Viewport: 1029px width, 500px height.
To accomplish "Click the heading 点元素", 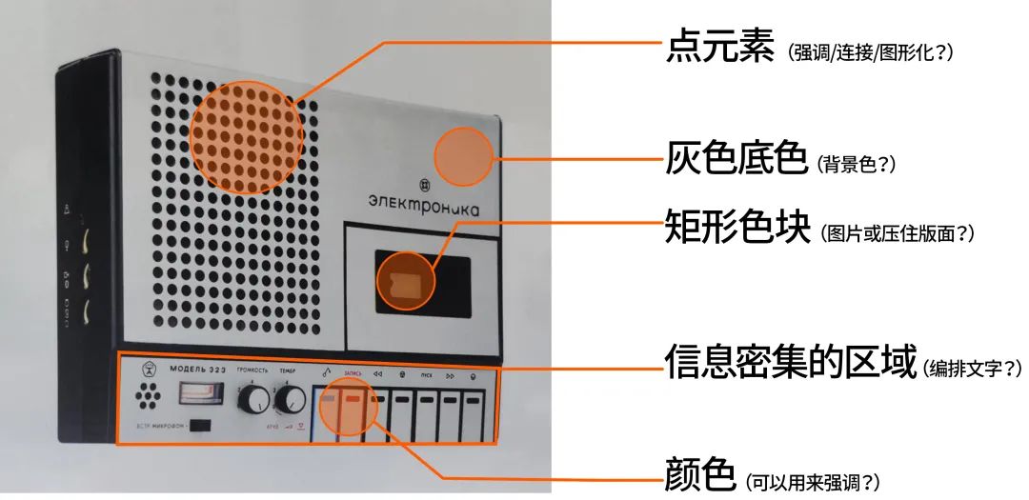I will pos(719,49).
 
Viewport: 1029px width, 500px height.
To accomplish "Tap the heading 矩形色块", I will pos(736,230).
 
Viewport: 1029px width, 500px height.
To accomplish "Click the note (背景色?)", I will pos(856,164).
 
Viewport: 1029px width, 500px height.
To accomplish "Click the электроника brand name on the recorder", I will pos(424,202).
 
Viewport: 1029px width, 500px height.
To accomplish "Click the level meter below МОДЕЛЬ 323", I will pos(199,393).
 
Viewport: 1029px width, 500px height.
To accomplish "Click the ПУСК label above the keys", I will pos(426,376).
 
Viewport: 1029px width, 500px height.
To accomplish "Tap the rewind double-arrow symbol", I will pos(377,375).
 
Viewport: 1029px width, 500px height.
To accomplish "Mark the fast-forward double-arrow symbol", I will pos(450,376).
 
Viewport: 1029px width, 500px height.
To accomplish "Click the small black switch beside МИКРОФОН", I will pos(201,426).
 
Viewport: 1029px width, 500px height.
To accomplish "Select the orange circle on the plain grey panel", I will pos(464,157).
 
